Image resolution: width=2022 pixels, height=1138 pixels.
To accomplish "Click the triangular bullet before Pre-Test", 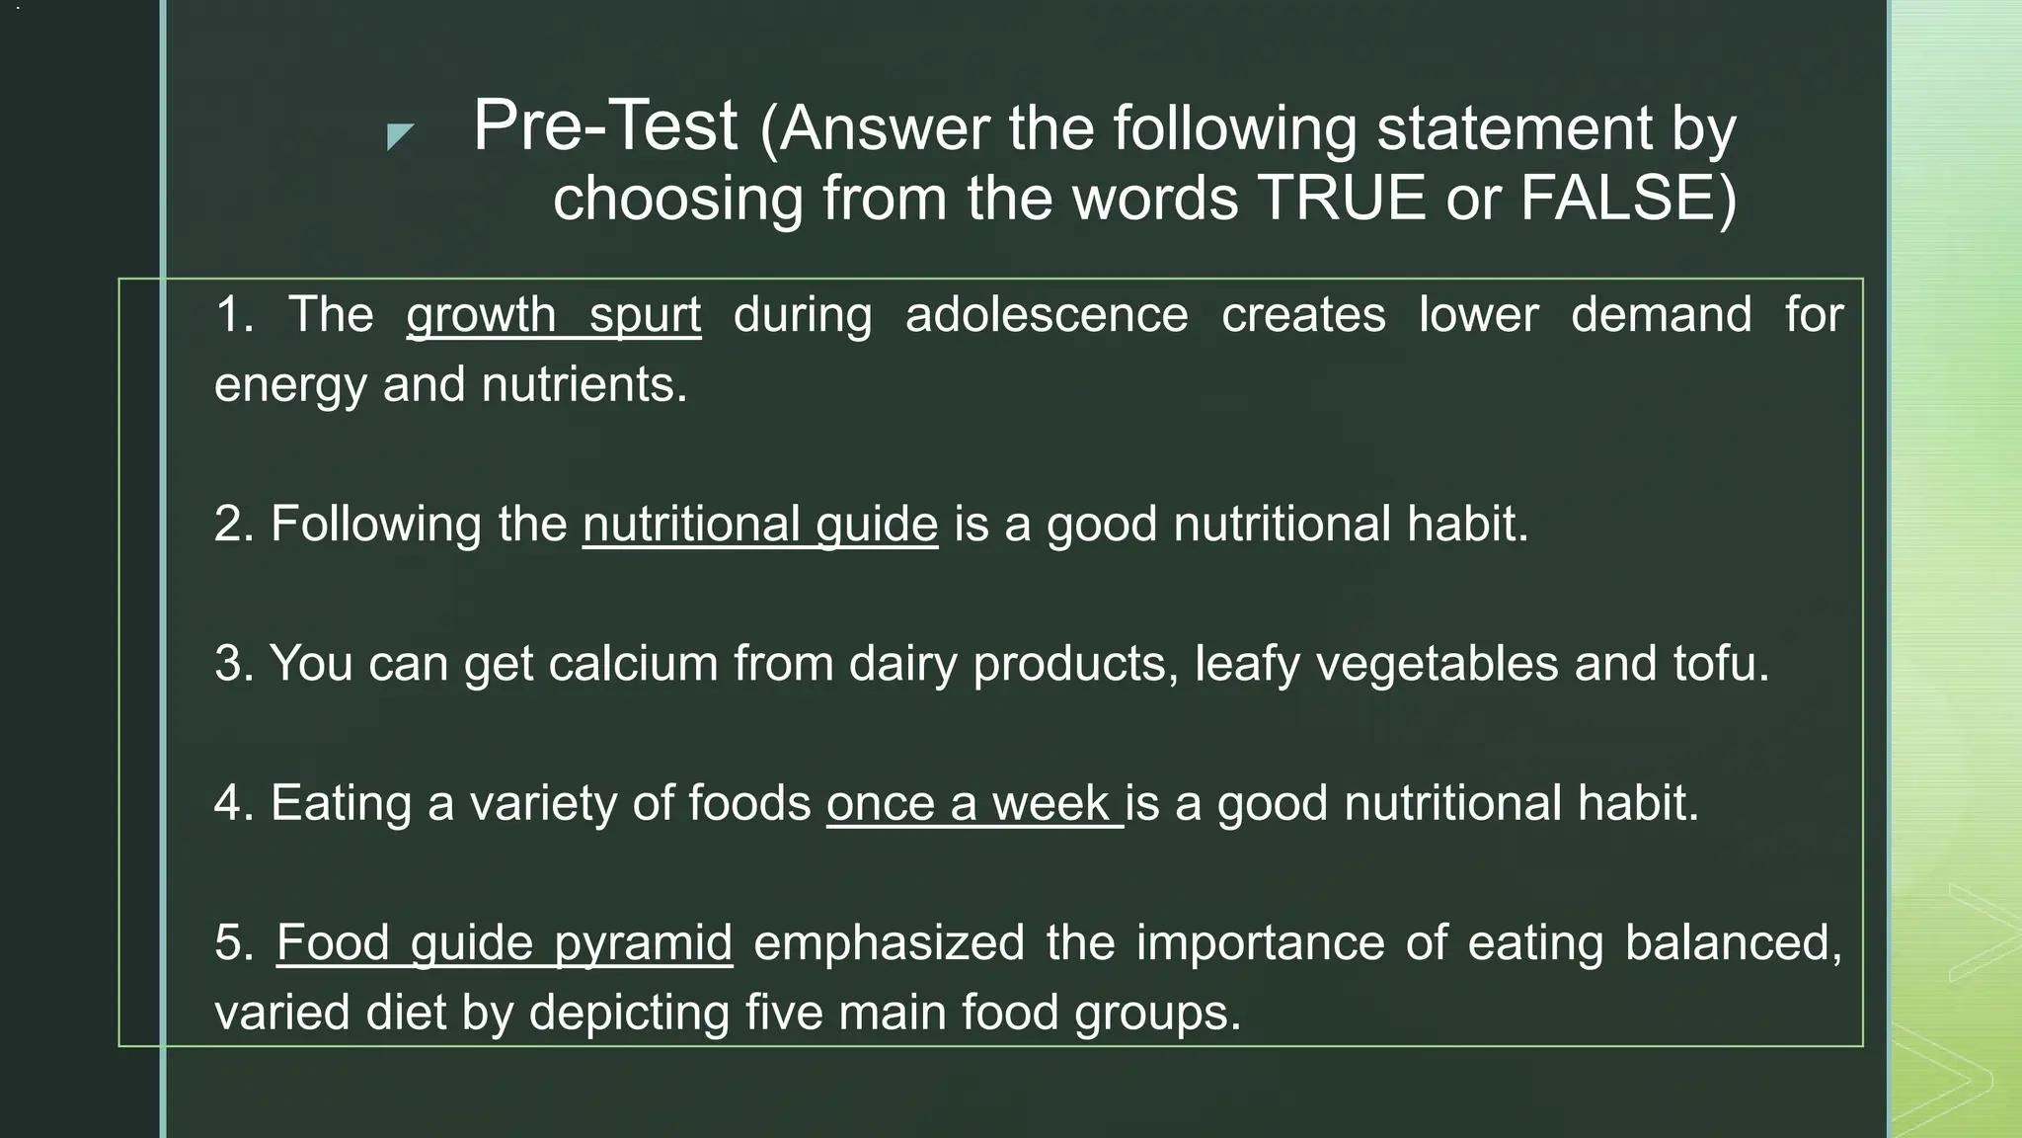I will click(x=399, y=135).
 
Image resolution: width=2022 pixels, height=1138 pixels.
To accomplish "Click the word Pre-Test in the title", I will click(x=604, y=126).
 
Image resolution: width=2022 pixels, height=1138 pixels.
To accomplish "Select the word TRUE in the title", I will click(x=1341, y=198).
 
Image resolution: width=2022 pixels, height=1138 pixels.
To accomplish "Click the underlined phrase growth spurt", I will click(x=553, y=315).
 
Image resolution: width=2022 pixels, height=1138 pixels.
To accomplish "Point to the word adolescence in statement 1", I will click(x=1047, y=315).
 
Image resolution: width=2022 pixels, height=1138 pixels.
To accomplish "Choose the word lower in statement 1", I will click(x=1478, y=315).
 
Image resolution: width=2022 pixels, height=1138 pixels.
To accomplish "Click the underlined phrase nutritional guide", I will click(x=759, y=524).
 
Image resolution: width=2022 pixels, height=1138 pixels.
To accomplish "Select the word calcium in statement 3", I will click(x=633, y=663).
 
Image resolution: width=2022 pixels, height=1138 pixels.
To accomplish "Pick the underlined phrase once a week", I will click(x=973, y=803).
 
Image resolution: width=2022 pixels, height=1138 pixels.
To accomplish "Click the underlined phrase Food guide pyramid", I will click(x=504, y=942).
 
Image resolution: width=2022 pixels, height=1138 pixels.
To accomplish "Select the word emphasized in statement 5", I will click(x=889, y=942).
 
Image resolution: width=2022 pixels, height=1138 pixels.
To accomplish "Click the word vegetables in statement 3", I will click(x=1437, y=663).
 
